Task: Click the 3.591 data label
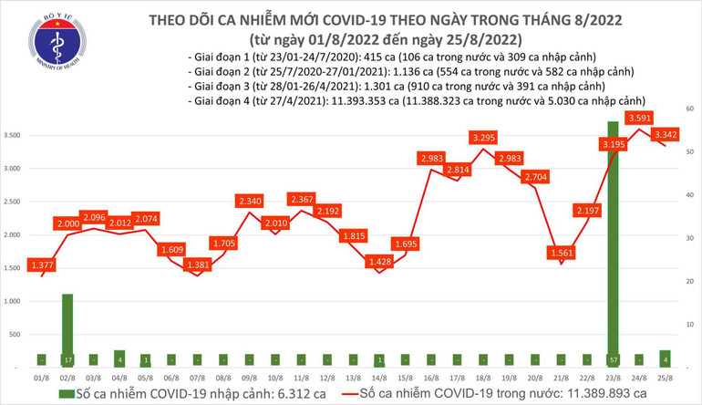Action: [x=638, y=118]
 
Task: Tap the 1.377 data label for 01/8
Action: [x=40, y=264]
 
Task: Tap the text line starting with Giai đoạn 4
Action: [x=415, y=100]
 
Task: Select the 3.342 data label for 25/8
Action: [x=665, y=134]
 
